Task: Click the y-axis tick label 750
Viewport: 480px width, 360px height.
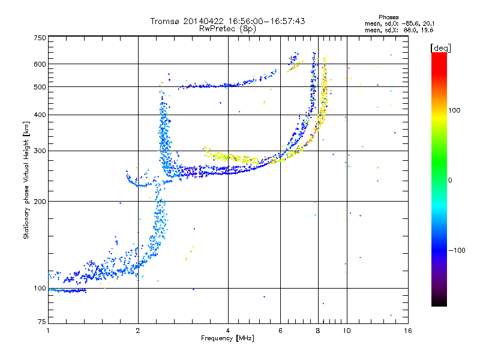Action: (x=40, y=37)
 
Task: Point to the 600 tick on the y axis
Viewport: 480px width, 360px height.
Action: (x=40, y=64)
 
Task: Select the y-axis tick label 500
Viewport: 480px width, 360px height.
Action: (x=40, y=87)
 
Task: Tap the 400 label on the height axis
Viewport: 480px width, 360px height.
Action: (x=40, y=115)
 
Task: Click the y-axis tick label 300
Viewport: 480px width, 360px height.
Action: (x=40, y=151)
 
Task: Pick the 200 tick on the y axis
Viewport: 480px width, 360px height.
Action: (x=40, y=202)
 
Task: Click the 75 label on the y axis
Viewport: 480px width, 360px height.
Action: (x=41, y=323)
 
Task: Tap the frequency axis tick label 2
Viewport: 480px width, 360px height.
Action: (x=138, y=330)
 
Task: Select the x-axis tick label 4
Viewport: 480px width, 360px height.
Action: (x=228, y=330)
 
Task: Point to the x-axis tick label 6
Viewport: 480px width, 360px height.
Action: (x=281, y=330)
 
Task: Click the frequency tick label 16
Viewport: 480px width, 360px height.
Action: (x=407, y=330)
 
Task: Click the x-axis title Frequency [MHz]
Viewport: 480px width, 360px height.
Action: (x=227, y=339)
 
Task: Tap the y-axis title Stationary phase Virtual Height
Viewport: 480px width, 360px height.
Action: (x=26, y=180)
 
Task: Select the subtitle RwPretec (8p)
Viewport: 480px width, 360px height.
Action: (x=227, y=28)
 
